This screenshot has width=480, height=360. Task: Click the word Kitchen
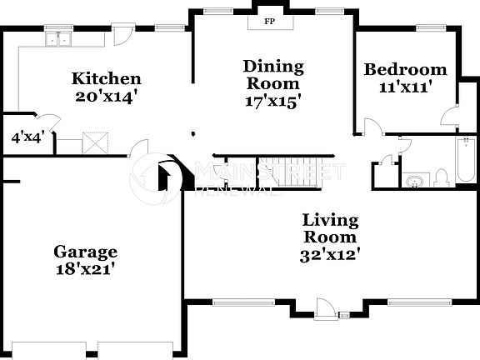(x=106, y=79)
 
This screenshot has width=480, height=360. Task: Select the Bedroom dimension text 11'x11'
(x=405, y=86)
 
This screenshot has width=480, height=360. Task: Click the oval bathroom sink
(x=412, y=180)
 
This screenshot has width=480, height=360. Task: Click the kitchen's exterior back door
(x=122, y=35)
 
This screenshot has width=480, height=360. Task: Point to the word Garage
(x=85, y=252)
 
